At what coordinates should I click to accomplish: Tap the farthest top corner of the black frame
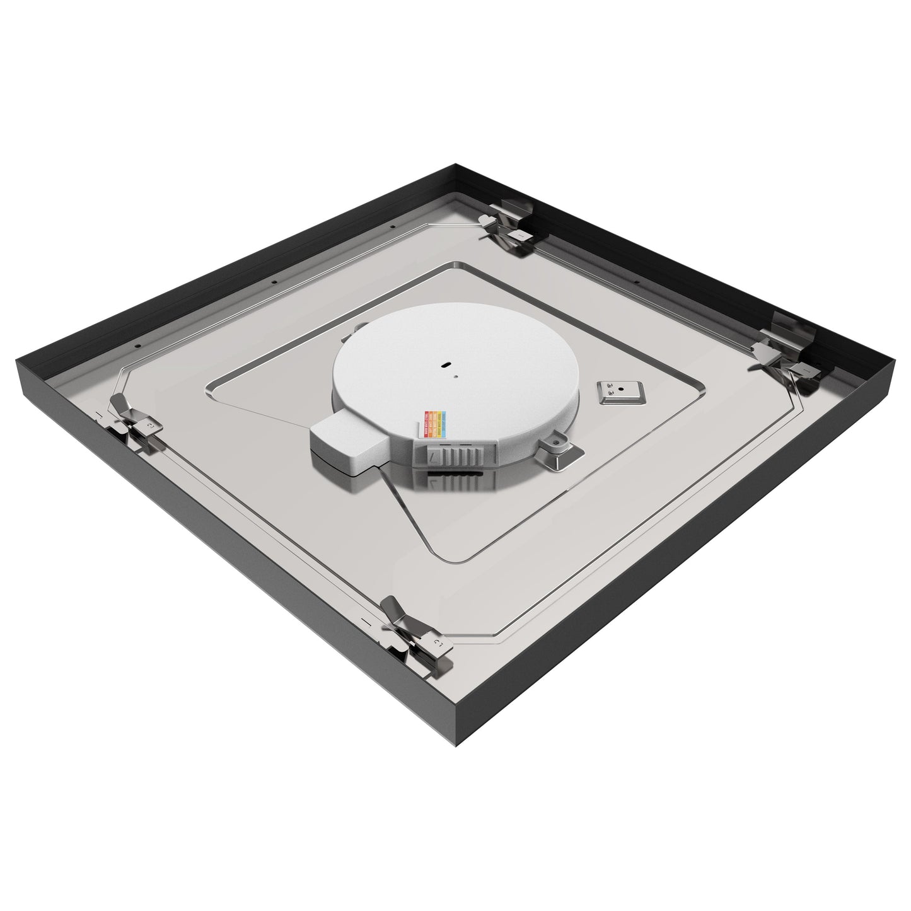[x=455, y=165]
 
